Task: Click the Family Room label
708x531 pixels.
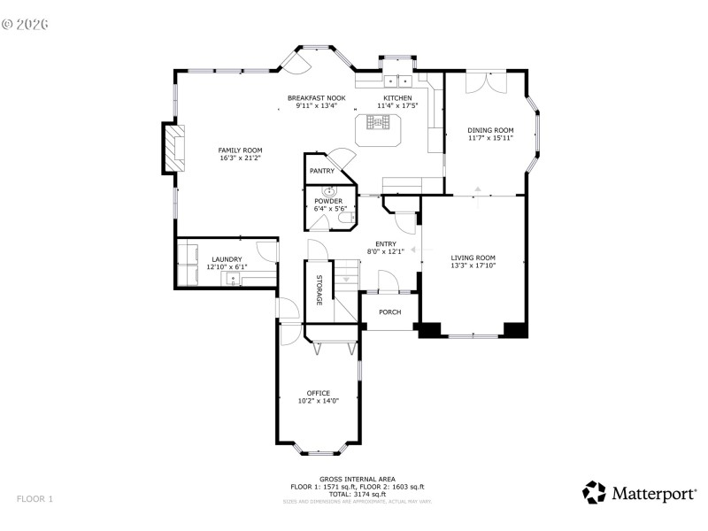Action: click(241, 150)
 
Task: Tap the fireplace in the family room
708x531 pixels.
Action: click(175, 148)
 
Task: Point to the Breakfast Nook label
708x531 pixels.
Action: click(317, 97)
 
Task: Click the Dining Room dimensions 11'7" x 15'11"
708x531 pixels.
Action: click(490, 138)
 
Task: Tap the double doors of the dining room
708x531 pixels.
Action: click(485, 80)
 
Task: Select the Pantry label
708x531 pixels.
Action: click(319, 171)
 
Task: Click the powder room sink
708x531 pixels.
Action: click(331, 191)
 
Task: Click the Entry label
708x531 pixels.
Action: click(386, 244)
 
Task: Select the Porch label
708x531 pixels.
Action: click(389, 312)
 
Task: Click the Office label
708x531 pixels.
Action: click(319, 393)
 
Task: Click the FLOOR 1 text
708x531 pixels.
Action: click(35, 499)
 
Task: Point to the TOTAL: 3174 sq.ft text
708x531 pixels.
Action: click(358, 495)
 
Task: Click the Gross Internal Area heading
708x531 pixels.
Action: click(358, 479)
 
